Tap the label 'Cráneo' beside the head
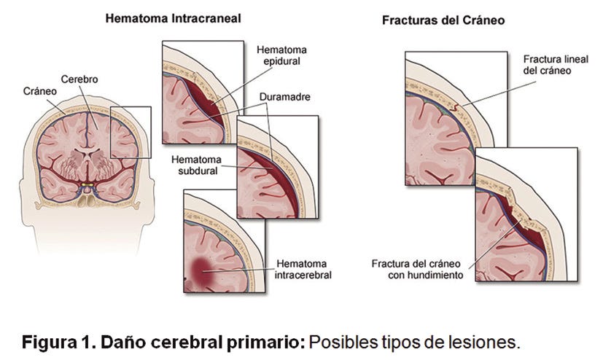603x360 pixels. (39, 90)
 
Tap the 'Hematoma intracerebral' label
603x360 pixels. (302, 269)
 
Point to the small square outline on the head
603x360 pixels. (131, 131)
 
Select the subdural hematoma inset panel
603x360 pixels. (277, 168)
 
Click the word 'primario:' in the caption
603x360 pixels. (271, 341)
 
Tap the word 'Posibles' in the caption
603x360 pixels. (341, 341)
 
